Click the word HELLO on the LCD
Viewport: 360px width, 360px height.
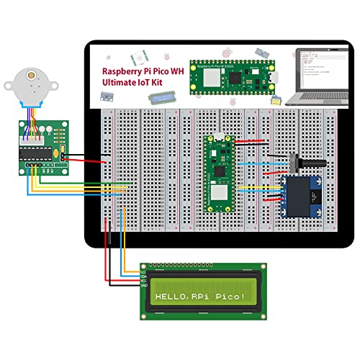(169, 297)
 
